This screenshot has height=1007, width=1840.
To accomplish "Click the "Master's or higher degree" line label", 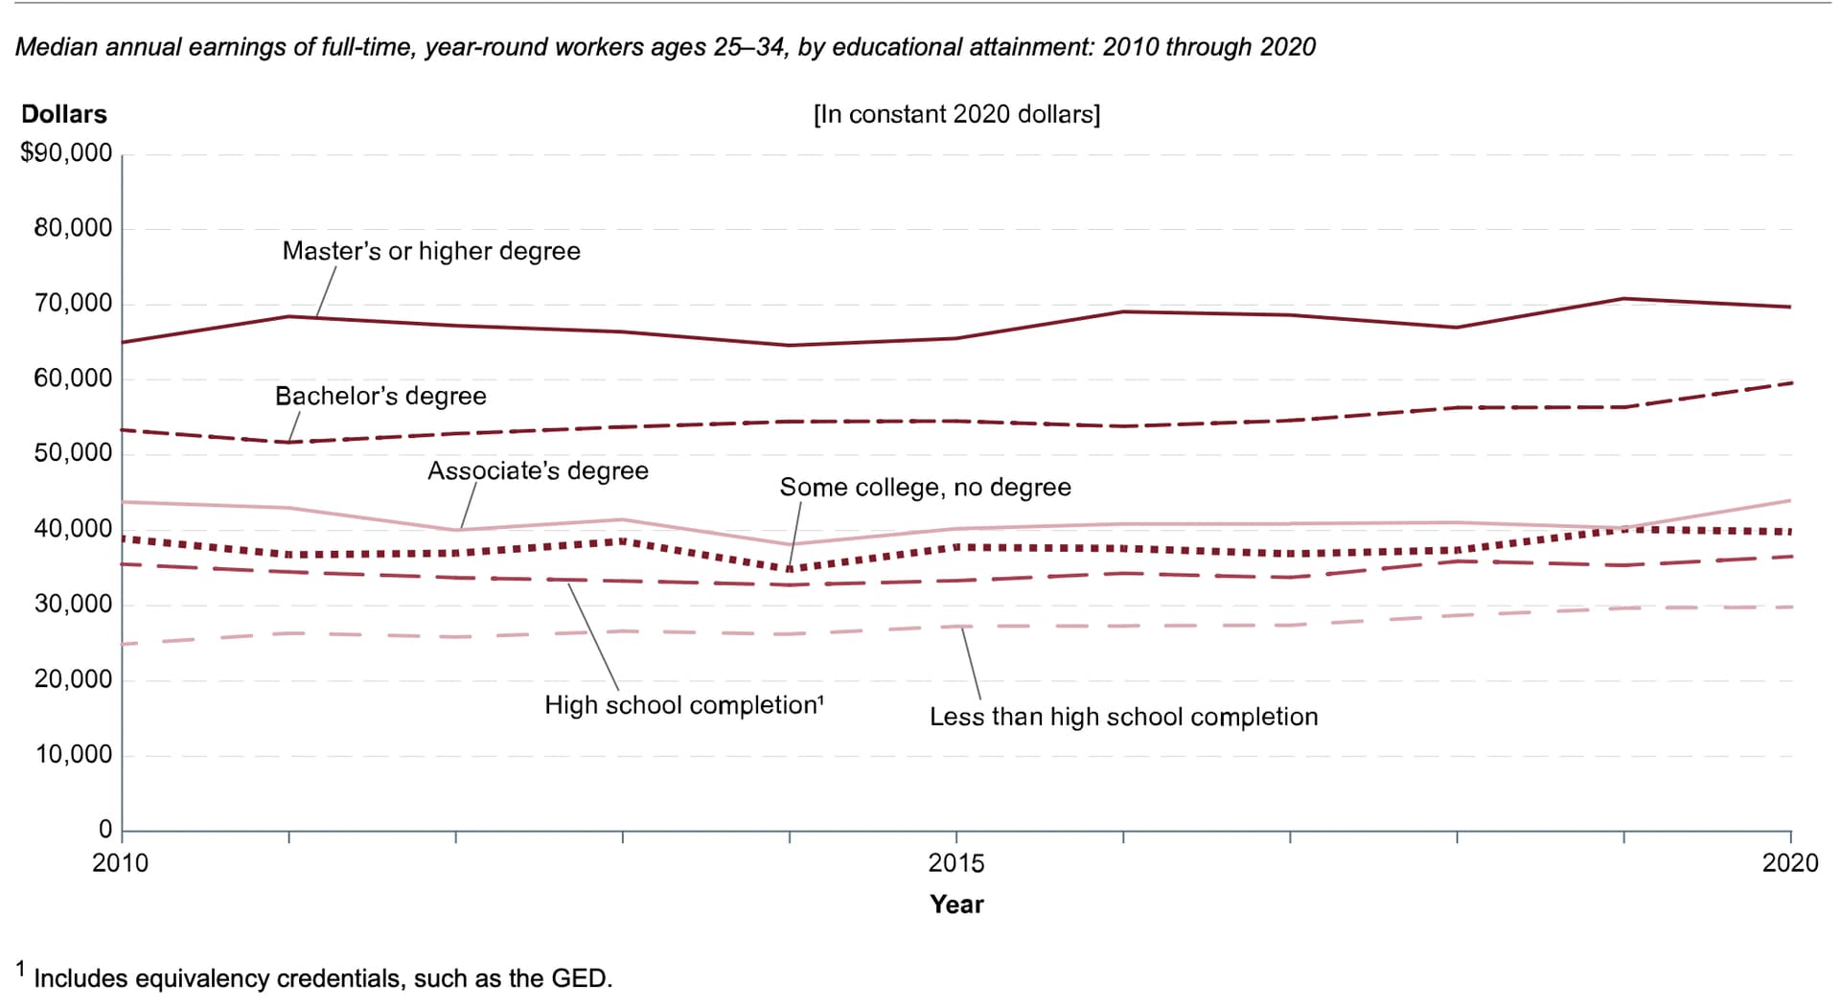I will [431, 251].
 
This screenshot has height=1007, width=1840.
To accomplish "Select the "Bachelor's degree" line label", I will [380, 396].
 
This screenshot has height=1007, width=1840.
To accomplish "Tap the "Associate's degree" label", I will [538, 470].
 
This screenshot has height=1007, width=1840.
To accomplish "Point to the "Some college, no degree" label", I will [925, 487].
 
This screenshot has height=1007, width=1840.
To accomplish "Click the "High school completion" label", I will [681, 705].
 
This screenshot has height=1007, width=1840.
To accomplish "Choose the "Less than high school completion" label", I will [1123, 717].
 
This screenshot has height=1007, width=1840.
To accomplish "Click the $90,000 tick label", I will [66, 153].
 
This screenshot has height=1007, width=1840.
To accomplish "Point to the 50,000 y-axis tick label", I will [73, 453].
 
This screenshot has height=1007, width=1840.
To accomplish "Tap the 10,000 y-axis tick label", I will [73, 754].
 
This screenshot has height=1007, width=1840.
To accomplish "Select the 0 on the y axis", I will [105, 829].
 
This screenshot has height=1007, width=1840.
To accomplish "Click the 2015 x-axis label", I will [955, 863].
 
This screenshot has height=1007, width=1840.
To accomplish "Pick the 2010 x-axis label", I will [121, 863].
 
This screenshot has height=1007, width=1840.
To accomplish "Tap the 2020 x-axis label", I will [1789, 863].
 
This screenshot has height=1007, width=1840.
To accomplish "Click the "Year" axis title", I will [956, 904].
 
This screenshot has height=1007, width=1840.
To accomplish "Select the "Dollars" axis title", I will [64, 114].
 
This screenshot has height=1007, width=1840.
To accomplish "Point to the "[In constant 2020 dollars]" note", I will [956, 114].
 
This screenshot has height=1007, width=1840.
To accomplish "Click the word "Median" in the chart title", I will [57, 47].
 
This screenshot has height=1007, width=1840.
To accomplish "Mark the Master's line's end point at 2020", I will [1790, 307].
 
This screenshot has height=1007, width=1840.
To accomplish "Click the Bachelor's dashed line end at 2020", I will [1790, 383].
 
